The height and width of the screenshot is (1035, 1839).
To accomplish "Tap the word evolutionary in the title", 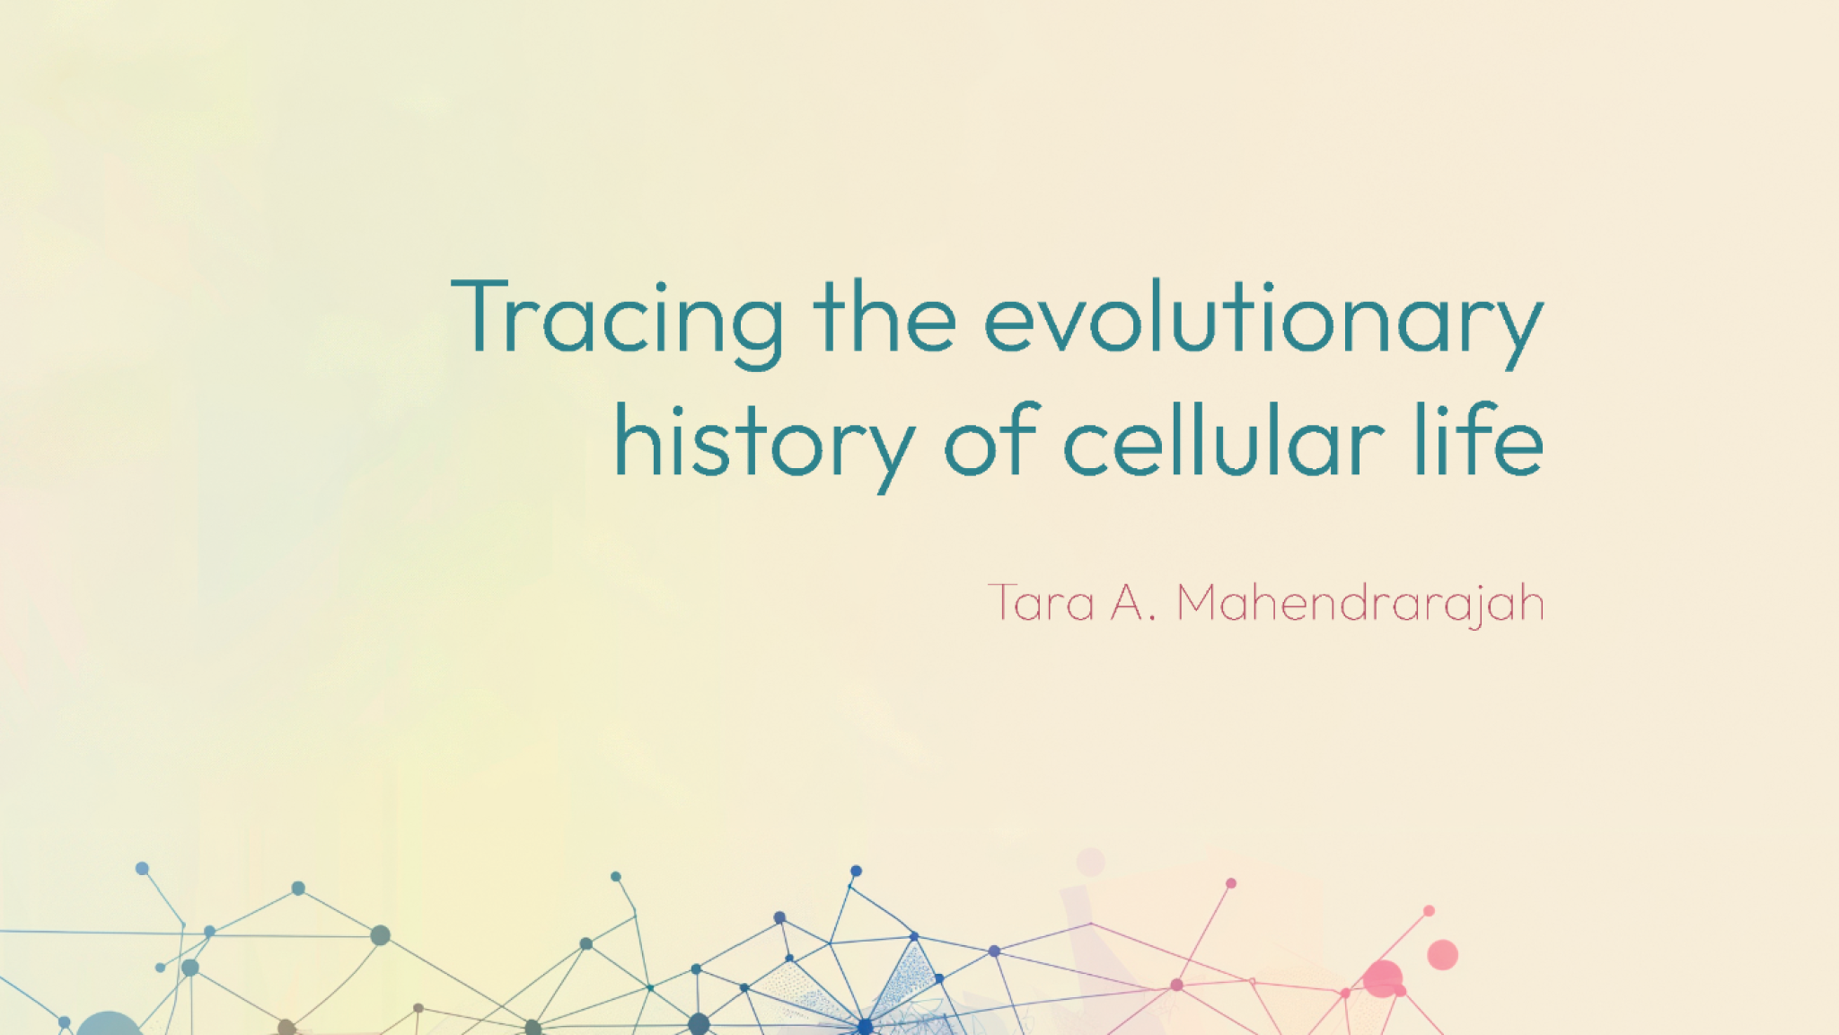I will coord(1263,320).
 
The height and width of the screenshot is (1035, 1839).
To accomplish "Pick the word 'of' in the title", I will coord(991,442).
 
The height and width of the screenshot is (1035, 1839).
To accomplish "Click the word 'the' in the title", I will coord(884,318).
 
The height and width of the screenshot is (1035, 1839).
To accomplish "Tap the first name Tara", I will coord(1042,603).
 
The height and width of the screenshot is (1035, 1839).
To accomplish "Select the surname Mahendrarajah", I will coord(1359,603).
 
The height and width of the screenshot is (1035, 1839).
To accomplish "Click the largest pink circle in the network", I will coord(1383,978).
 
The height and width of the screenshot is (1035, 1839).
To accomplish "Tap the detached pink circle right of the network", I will coord(1442,954).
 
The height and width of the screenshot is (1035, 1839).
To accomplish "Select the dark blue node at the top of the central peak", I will coord(856,871).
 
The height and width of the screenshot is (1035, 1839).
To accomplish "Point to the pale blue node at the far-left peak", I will coord(142,868).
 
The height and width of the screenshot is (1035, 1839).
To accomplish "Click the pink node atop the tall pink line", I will coord(1231,883).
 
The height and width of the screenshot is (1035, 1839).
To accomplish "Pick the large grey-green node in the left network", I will coord(380,935).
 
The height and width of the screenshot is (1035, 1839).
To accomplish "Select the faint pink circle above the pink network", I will coord(1090,862).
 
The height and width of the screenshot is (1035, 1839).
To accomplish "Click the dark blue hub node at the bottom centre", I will coord(865,1025).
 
